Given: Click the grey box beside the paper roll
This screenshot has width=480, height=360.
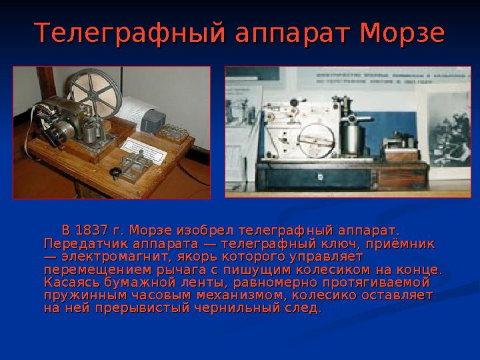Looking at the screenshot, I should pos(155,121).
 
